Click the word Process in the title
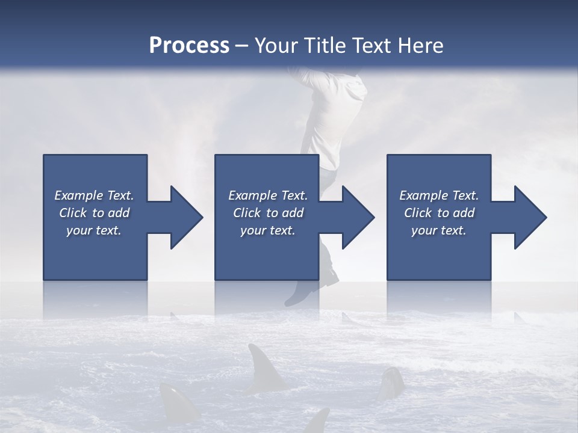[x=189, y=46]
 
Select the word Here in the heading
[x=421, y=46]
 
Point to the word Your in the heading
[x=278, y=46]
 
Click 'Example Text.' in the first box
[x=94, y=195]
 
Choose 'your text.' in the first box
[x=94, y=230]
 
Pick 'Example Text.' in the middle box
[x=268, y=195]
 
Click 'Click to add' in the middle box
[x=268, y=213]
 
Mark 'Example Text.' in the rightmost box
[x=439, y=195]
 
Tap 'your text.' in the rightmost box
[x=439, y=230]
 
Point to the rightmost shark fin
[x=391, y=382]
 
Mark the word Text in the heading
[x=373, y=46]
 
